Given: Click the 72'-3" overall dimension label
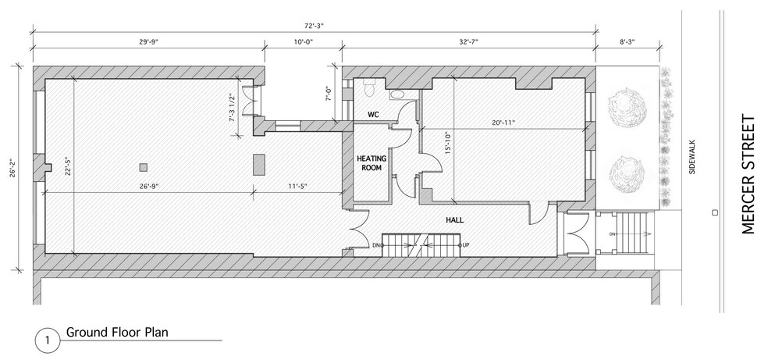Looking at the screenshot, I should (314, 26).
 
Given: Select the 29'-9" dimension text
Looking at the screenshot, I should (148, 42).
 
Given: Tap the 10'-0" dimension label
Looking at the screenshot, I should (303, 42).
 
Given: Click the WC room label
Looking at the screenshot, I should (373, 115).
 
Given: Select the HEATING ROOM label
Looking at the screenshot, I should (372, 162).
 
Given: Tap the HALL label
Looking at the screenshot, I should (454, 220).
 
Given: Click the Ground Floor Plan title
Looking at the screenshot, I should (118, 332).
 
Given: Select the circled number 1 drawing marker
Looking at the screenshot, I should (48, 340).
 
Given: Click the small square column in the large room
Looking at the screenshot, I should (143, 167).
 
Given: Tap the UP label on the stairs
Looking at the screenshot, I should (466, 245).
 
